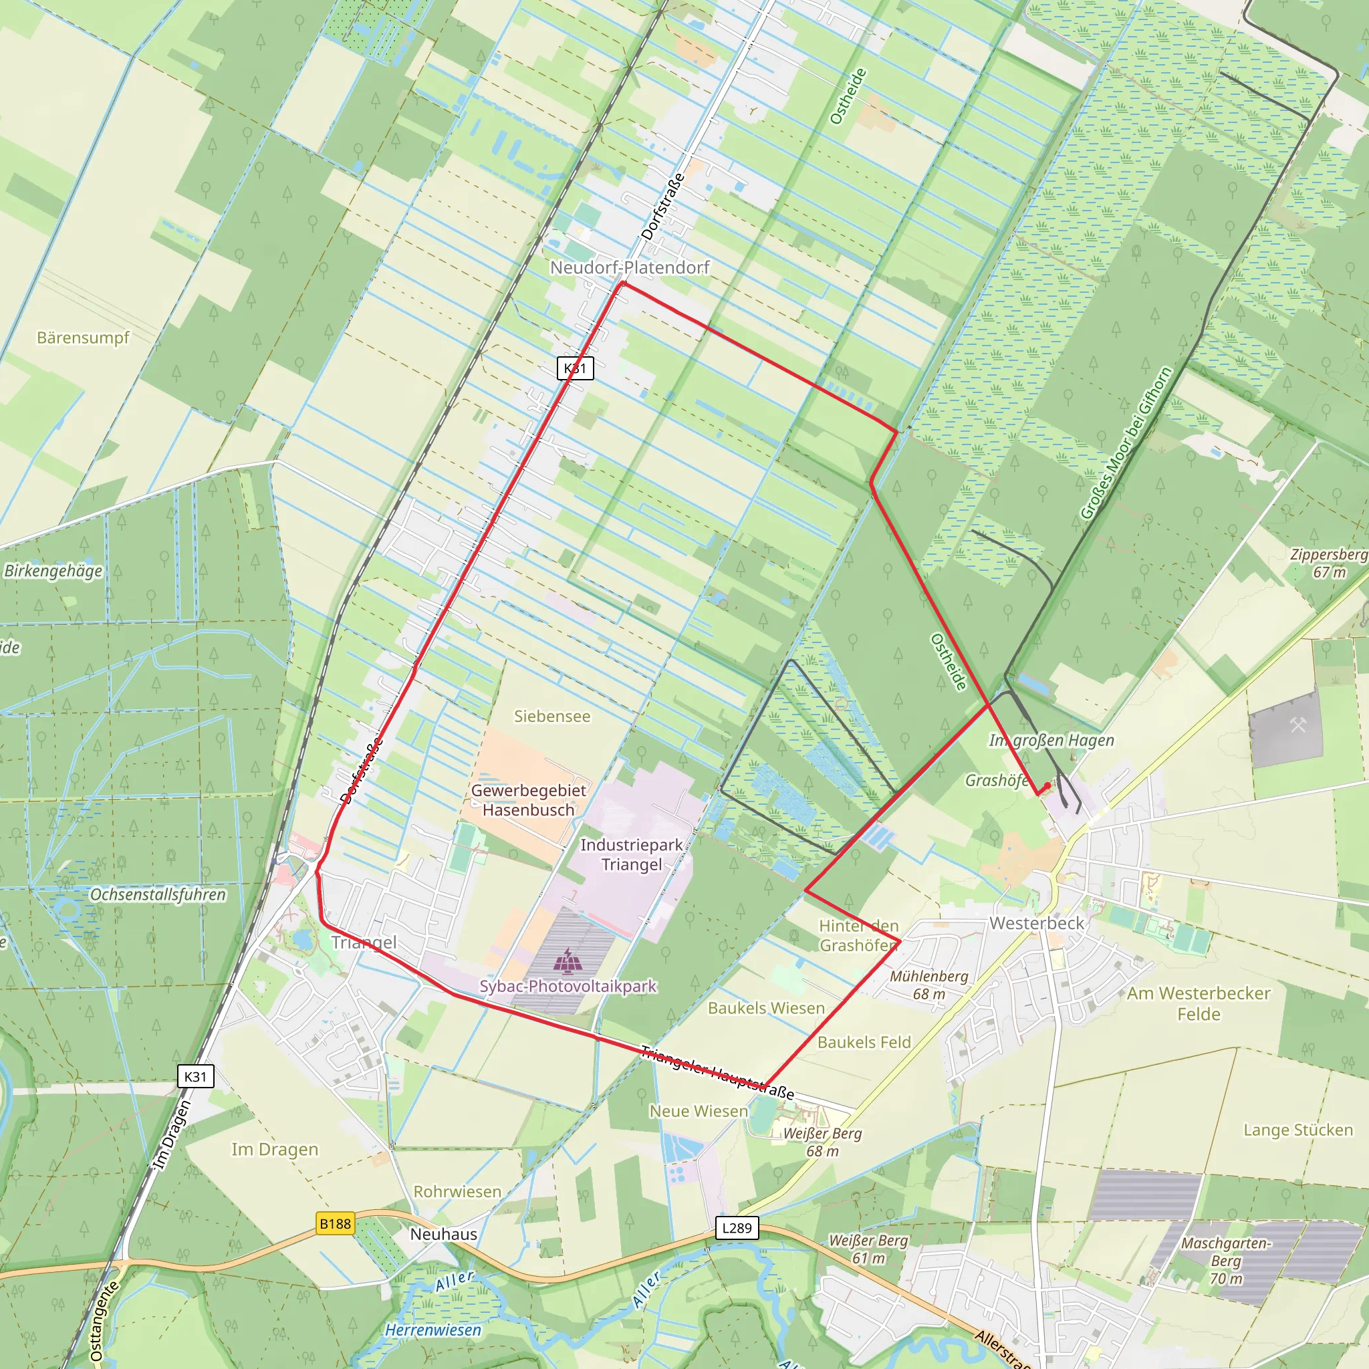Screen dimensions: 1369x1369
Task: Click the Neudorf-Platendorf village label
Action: coord(629,268)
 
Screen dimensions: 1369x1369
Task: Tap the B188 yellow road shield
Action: coord(335,1223)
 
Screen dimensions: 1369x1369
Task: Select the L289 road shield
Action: coord(737,1228)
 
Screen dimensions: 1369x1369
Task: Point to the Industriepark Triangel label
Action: coord(631,854)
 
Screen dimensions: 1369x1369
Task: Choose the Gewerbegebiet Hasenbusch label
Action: coord(529,800)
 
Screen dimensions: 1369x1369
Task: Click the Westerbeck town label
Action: coord(1037,923)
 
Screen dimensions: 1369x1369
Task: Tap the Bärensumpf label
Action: coord(83,338)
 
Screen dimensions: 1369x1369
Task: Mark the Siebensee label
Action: coord(552,717)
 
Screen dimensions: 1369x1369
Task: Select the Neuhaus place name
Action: coord(444,1234)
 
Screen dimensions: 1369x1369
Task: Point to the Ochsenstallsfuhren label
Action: coord(157,894)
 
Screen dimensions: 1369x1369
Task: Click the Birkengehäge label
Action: coord(53,570)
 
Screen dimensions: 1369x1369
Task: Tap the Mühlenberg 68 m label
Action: coord(929,985)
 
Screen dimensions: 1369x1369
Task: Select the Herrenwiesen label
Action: coord(433,1330)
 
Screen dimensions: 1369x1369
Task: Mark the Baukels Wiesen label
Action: coord(766,1007)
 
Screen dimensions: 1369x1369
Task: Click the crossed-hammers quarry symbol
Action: coord(1297,725)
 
